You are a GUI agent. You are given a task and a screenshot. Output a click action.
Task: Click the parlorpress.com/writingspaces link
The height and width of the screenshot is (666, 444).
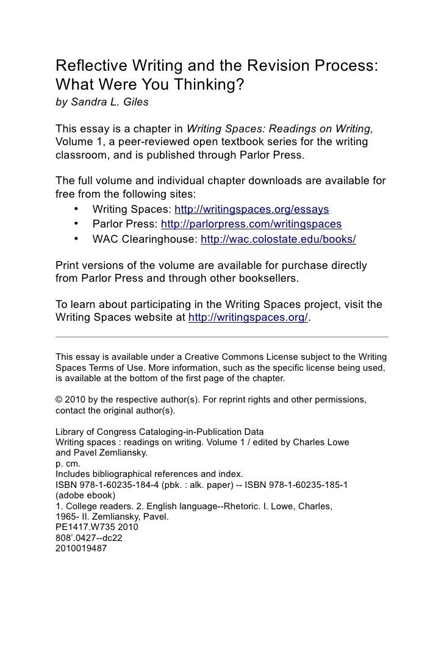[252, 224]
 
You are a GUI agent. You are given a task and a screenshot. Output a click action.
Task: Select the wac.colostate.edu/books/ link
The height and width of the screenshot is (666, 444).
[278, 239]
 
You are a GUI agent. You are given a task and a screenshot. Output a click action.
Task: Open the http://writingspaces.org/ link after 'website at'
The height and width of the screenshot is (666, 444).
[249, 317]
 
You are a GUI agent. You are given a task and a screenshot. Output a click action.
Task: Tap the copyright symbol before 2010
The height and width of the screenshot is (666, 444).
[59, 400]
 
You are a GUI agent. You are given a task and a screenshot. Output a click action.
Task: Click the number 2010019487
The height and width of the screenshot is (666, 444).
[81, 548]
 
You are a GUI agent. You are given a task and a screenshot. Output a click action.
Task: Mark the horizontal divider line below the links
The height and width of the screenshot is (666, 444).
[221, 337]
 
